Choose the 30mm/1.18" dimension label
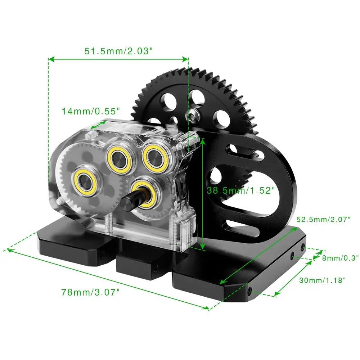[322, 280]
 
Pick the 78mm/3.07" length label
[90, 292]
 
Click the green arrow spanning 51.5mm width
[119, 59]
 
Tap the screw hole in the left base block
[103, 255]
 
